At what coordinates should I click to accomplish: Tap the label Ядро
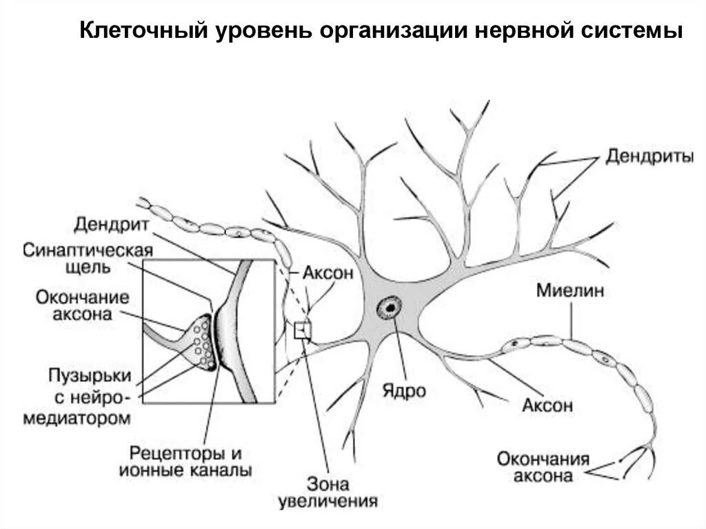(404, 390)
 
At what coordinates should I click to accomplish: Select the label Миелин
(570, 290)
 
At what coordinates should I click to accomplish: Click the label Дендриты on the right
(649, 157)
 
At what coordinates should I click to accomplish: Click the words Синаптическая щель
(87, 258)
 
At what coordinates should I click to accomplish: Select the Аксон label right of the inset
(327, 272)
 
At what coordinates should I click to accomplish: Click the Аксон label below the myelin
(547, 405)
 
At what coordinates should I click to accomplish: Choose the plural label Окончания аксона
(544, 467)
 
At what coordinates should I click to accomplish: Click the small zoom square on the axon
(303, 331)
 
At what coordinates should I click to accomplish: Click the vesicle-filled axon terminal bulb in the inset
(201, 341)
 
